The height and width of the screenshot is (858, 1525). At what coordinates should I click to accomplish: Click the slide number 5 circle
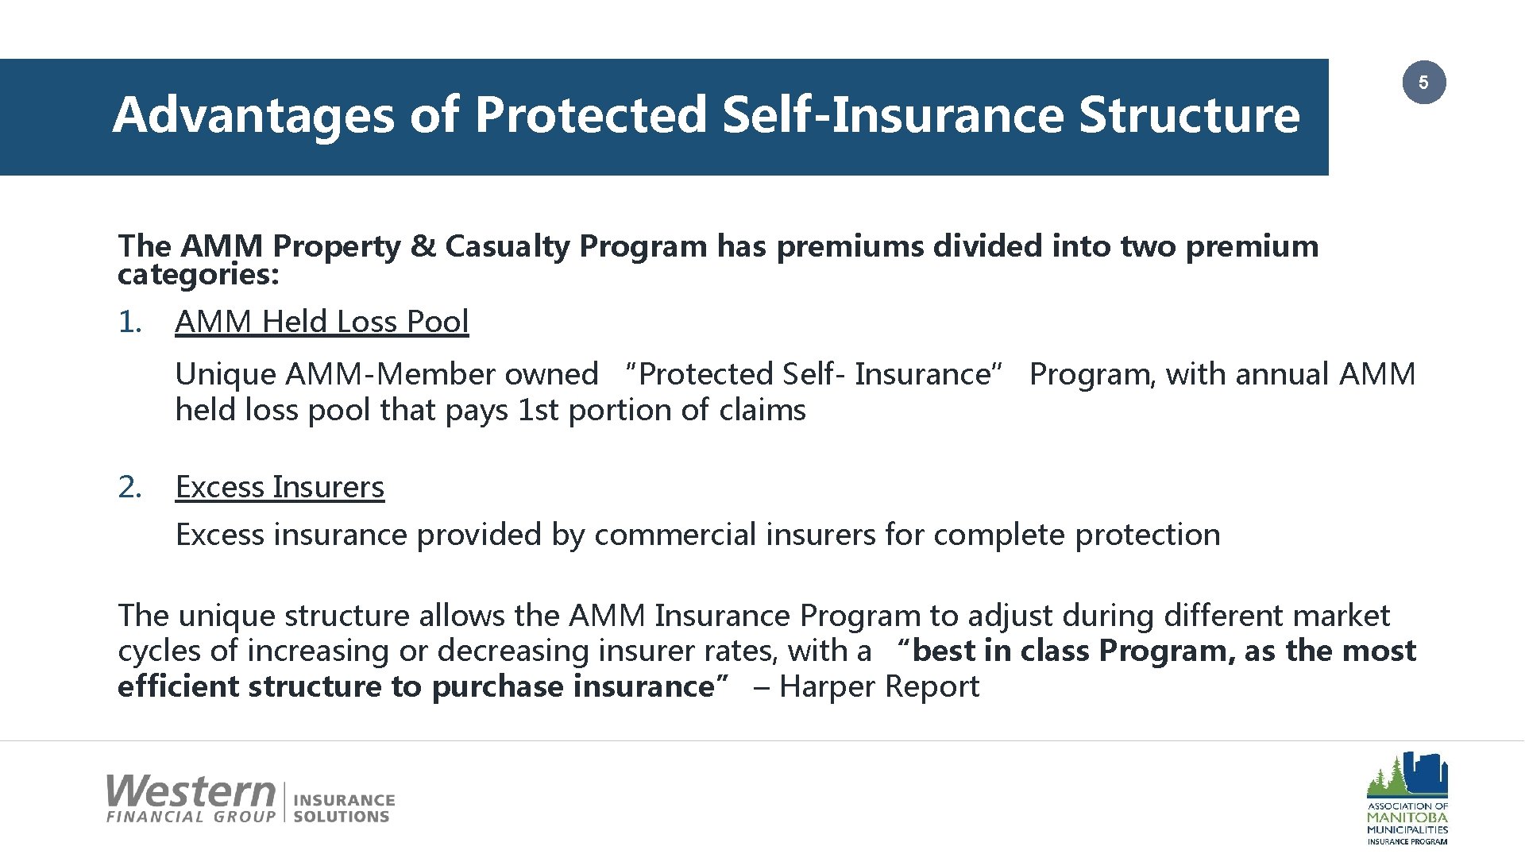[x=1423, y=83]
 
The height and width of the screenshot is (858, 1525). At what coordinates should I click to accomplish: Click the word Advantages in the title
[x=253, y=115]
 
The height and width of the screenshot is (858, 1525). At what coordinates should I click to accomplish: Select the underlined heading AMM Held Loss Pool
[x=322, y=322]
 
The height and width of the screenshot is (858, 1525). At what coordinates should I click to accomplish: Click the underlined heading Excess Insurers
[x=280, y=487]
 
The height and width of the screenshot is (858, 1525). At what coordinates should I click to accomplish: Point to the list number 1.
[x=129, y=323]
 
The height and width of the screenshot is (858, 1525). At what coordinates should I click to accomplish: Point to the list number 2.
[x=129, y=487]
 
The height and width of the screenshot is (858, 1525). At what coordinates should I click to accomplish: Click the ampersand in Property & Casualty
[x=423, y=246]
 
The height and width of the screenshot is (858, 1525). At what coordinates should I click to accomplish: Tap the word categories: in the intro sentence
[x=198, y=275]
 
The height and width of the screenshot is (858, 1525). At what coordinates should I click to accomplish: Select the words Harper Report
[x=879, y=686]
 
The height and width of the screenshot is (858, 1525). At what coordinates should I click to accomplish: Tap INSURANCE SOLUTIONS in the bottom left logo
[x=343, y=808]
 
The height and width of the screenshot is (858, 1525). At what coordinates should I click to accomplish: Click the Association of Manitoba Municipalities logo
[x=1407, y=798]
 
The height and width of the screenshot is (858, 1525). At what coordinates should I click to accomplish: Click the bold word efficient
[x=180, y=686]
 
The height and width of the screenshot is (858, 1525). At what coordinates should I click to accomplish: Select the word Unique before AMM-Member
[x=226, y=374]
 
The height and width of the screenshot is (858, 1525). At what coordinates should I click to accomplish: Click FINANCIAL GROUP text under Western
[x=191, y=817]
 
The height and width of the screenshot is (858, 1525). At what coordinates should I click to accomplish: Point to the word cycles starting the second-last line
[x=160, y=651]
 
